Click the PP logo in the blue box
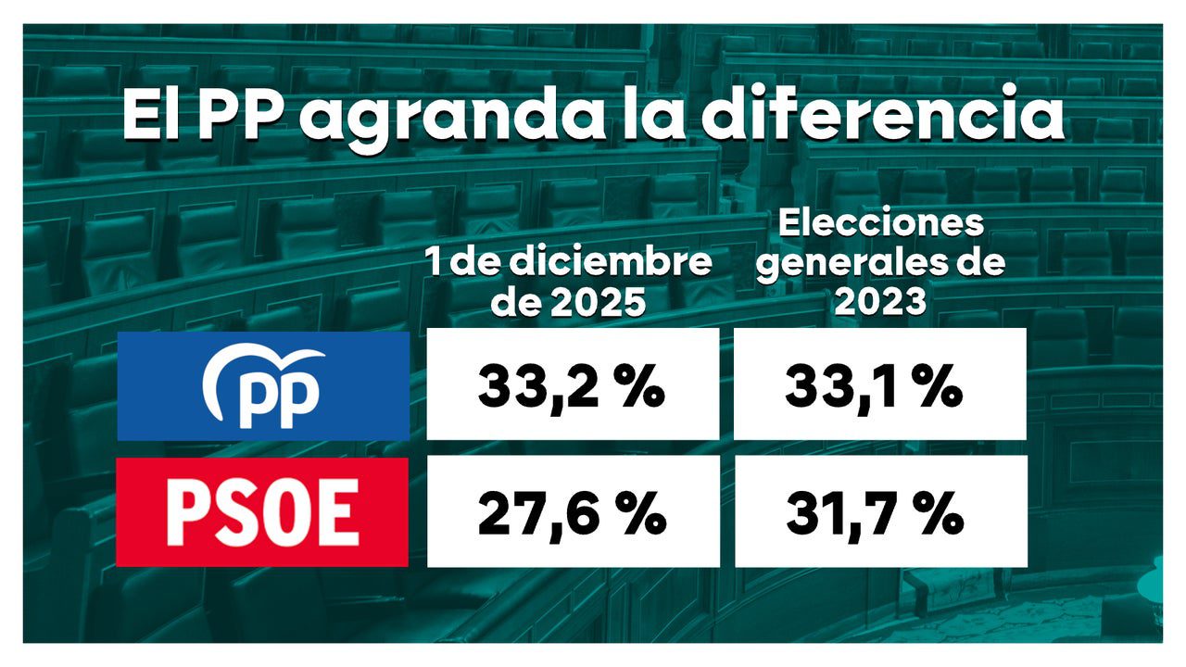click(263, 386)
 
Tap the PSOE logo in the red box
click(262, 511)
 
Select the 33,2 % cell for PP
click(572, 387)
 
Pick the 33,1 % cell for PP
click(874, 387)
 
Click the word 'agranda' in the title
click(447, 116)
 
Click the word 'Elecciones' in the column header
click(880, 224)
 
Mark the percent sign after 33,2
click(641, 389)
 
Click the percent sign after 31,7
click(940, 515)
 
